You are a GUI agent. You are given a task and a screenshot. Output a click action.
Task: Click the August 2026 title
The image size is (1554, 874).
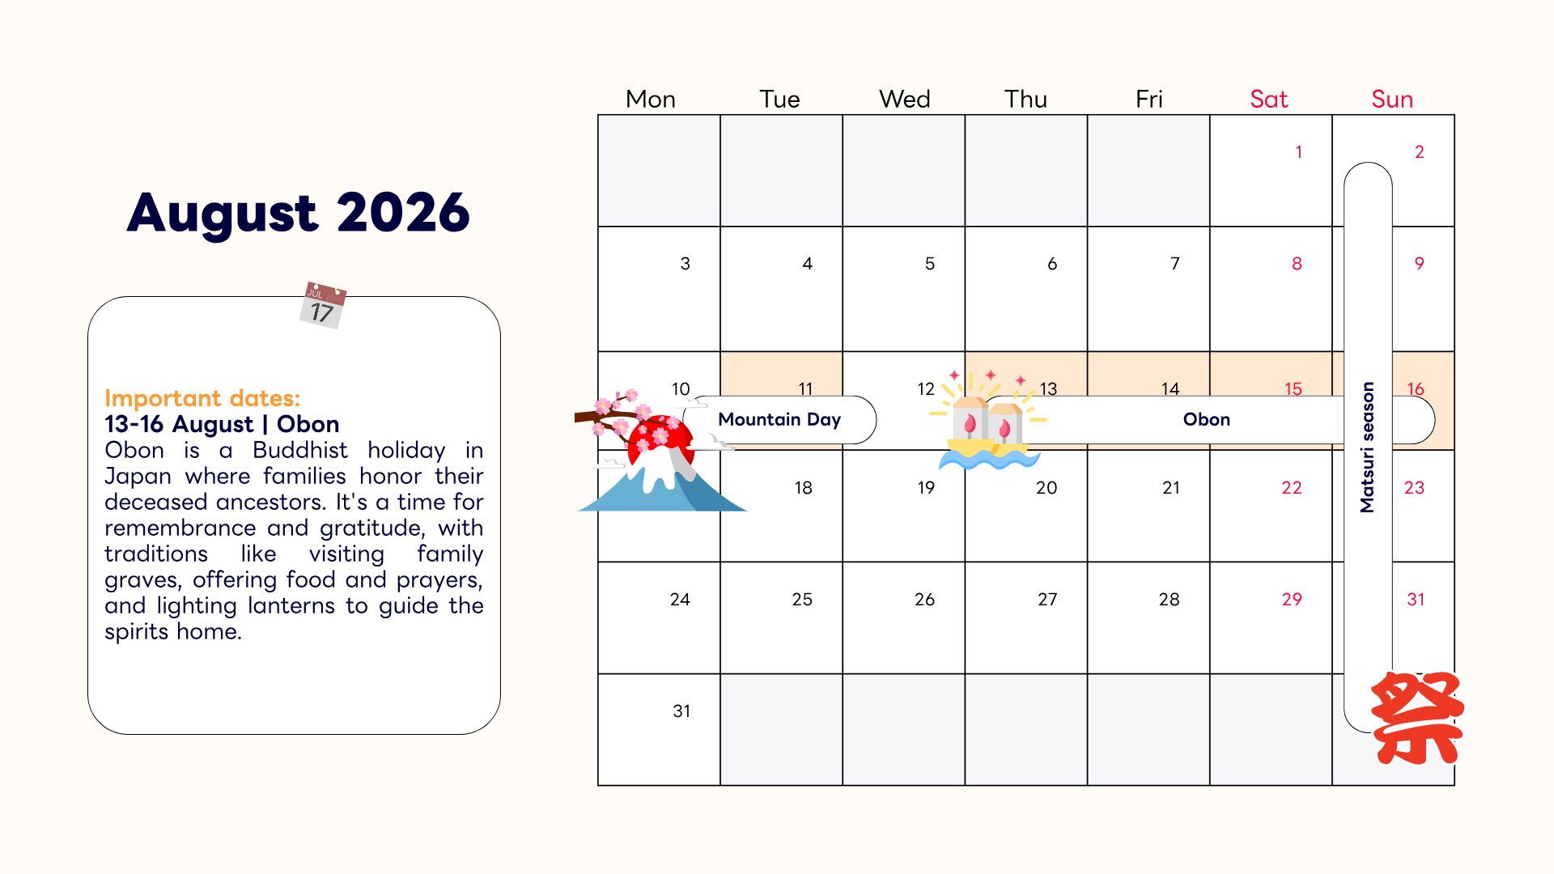coord(298,213)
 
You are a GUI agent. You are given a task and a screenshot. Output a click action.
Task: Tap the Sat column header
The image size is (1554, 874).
coord(1268,99)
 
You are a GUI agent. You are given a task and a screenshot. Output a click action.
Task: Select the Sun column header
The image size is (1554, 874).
coord(1391,99)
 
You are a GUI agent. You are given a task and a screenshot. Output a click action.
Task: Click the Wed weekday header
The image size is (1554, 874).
coord(904,99)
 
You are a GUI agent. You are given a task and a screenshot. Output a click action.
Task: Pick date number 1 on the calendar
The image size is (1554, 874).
coord(1298,152)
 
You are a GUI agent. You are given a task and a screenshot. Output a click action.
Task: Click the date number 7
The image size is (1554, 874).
coord(1174,264)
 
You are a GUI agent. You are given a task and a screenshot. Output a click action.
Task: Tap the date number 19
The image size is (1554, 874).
coord(926,488)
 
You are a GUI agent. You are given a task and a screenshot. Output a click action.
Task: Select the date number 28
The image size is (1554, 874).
coord(1169,600)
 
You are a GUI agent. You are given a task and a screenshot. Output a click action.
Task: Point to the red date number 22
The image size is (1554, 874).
coord(1291,488)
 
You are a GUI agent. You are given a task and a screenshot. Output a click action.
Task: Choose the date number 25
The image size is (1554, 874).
coord(801,600)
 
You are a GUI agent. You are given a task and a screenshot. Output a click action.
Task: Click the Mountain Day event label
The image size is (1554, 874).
coord(779,419)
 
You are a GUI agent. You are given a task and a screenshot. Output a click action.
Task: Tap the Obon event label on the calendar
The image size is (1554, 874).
coord(1206,419)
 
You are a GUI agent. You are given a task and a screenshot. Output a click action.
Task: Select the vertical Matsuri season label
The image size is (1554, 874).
coord(1367,447)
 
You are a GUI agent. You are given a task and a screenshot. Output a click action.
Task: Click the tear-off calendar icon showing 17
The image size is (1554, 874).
coord(323,304)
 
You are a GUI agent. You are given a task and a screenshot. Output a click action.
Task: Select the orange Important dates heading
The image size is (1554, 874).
coord(202,398)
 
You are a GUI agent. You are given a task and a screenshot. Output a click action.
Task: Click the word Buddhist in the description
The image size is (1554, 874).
coord(299,450)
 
